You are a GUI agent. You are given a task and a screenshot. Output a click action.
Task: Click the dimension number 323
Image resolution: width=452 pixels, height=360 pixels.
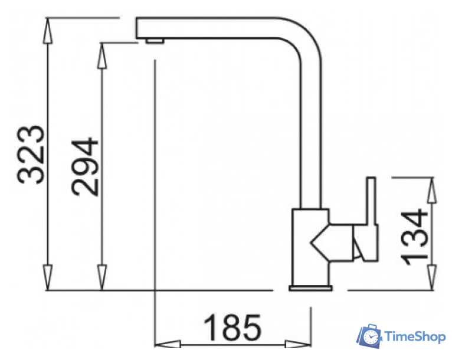point(31,155)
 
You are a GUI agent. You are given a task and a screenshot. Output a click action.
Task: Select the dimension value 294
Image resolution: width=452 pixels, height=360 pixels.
point(84,167)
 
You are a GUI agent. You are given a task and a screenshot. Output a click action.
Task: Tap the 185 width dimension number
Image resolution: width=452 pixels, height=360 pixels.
point(232,327)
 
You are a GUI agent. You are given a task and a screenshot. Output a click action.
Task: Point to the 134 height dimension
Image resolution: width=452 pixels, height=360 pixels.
point(414,236)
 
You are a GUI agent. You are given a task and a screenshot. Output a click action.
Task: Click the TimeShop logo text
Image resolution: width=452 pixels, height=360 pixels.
point(415,336)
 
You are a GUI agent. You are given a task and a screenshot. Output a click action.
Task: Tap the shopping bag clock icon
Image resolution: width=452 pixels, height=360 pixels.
point(369,336)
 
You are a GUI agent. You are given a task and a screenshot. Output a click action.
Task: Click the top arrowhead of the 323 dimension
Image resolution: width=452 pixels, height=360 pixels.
point(48,31)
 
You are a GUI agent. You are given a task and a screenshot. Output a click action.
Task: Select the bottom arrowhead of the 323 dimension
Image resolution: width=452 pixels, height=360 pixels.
point(48,277)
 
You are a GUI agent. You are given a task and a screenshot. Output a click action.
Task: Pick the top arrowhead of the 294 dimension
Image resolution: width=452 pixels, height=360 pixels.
point(101,55)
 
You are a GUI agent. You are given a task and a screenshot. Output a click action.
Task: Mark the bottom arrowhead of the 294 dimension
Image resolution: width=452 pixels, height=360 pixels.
point(101,277)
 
